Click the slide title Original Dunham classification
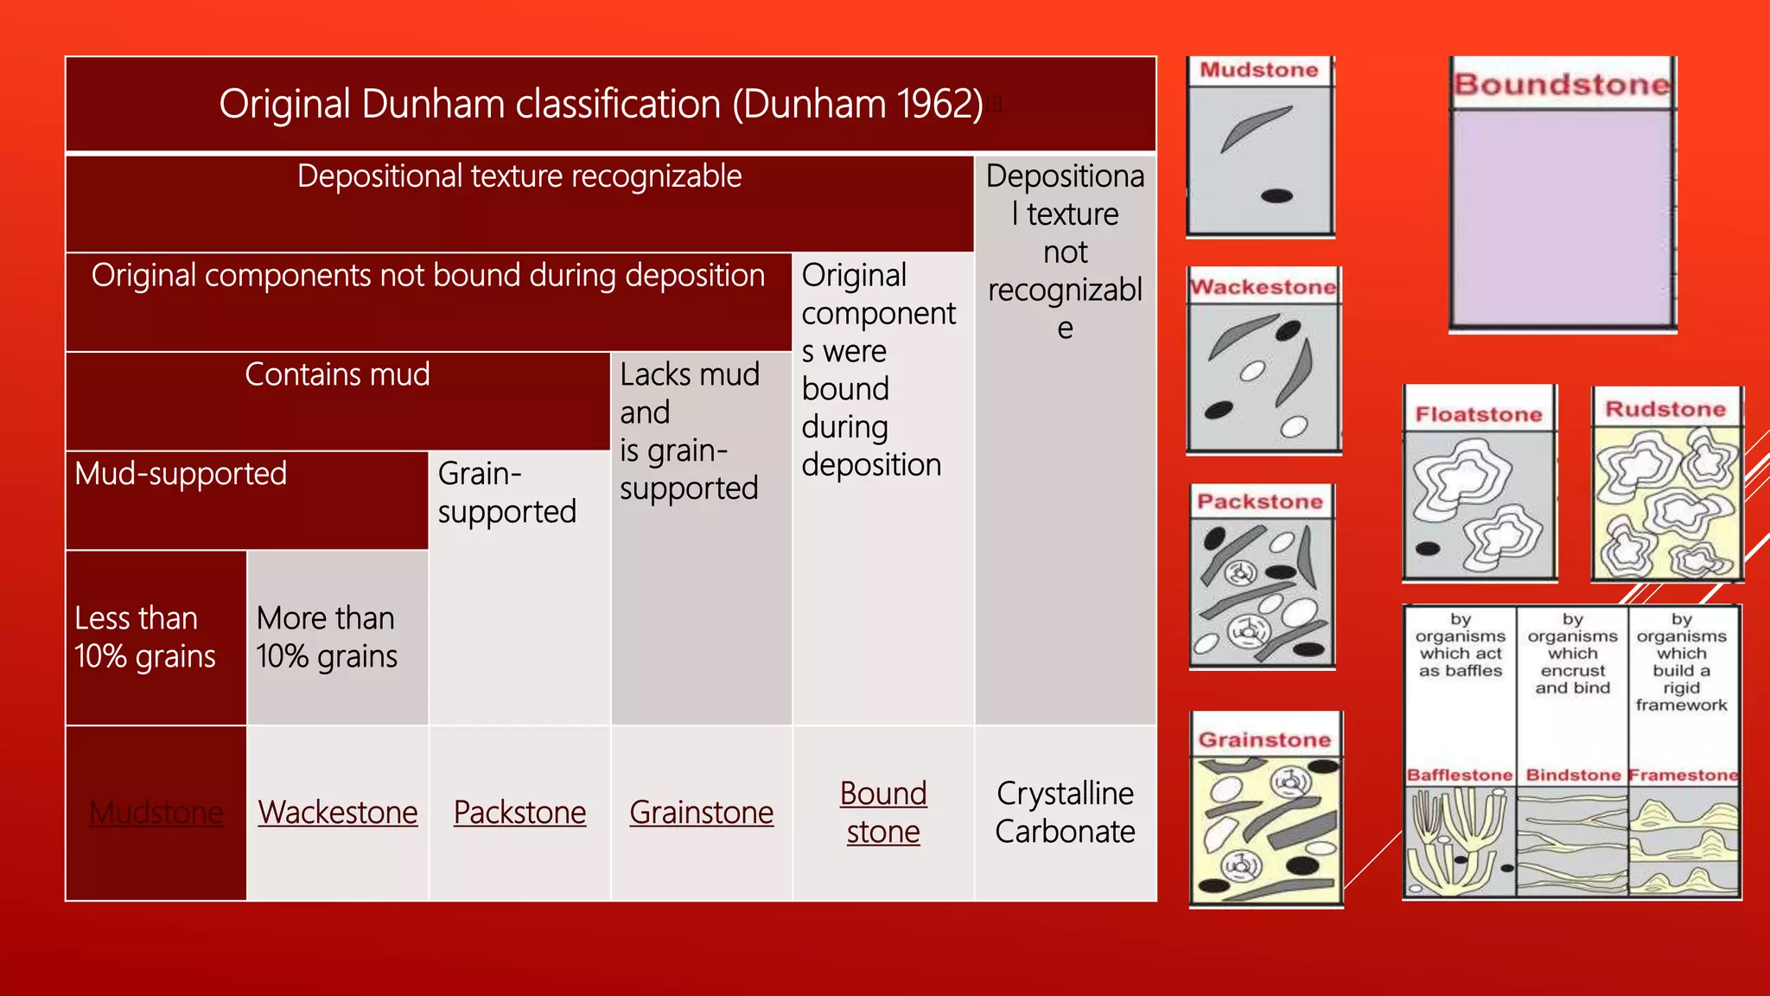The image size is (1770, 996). click(601, 105)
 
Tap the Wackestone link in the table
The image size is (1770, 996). click(337, 813)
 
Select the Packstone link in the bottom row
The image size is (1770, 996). click(519, 813)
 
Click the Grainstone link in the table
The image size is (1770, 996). click(701, 813)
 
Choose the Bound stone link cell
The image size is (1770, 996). click(882, 813)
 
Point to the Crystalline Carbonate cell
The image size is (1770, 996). click(1065, 813)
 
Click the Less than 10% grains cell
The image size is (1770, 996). click(145, 637)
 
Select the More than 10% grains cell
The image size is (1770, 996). click(327, 637)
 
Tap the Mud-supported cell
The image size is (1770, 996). click(181, 474)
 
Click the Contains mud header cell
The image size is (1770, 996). click(337, 374)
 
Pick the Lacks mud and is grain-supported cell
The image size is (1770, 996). click(690, 431)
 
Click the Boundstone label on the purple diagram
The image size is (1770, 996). click(1562, 85)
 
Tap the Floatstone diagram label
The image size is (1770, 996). click(1479, 415)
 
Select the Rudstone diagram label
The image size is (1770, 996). click(1665, 410)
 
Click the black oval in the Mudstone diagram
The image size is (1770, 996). click(1277, 196)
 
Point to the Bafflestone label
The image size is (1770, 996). click(1460, 776)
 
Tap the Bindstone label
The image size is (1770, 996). click(1573, 776)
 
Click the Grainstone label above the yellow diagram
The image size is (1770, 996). click(1264, 740)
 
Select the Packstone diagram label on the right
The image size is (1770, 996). click(1260, 502)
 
